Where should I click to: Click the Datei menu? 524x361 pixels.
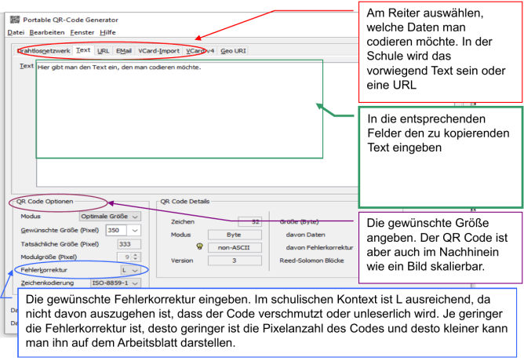16,32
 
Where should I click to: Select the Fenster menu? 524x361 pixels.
82,32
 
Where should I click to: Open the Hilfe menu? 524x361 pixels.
108,32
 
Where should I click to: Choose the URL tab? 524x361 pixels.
104,51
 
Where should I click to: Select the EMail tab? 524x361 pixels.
124,51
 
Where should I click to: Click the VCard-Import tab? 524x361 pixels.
159,51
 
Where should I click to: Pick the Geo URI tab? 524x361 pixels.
233,51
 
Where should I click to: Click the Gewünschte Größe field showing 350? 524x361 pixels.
123,230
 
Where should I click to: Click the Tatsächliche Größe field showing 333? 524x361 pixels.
123,243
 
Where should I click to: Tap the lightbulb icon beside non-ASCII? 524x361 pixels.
200,246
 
